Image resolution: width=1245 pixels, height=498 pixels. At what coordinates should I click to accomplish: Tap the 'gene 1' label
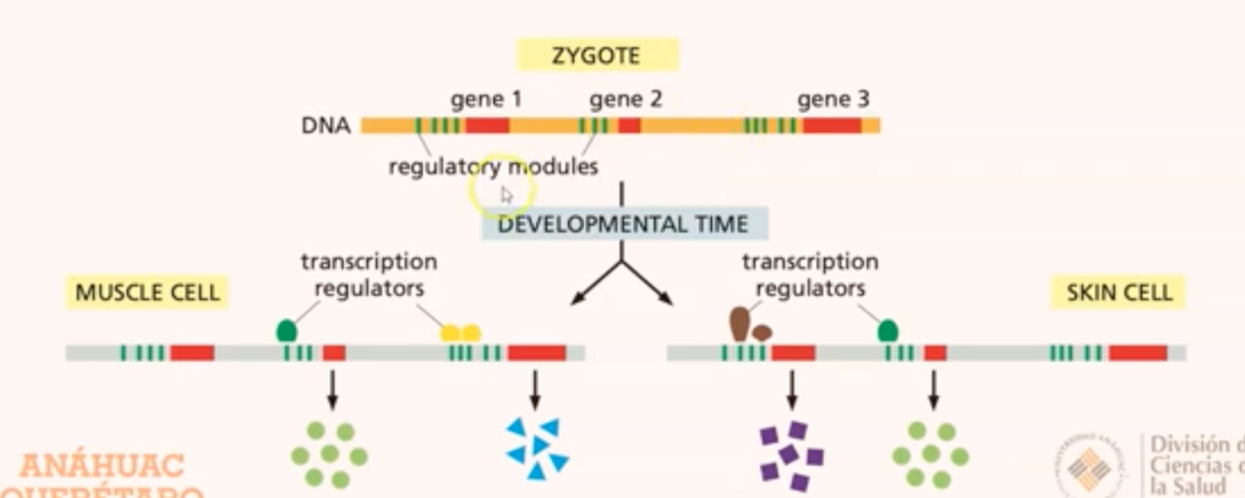(x=486, y=99)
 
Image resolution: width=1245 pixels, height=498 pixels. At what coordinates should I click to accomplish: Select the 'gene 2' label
(x=625, y=99)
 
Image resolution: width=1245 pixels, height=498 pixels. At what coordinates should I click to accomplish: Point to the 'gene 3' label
(x=833, y=99)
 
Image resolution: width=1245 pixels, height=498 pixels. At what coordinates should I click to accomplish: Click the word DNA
(x=326, y=125)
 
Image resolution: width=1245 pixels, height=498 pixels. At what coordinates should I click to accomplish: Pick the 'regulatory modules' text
(x=493, y=167)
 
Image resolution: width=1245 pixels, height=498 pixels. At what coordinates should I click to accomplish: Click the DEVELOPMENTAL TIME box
(x=623, y=224)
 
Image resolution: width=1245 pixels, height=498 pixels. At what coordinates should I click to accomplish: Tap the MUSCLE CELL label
(x=147, y=292)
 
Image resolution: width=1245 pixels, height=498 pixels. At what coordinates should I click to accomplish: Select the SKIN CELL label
(x=1119, y=292)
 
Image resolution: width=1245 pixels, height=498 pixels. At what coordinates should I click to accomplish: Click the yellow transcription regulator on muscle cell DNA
(x=461, y=333)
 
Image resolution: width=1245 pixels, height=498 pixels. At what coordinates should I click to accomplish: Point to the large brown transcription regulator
(x=739, y=324)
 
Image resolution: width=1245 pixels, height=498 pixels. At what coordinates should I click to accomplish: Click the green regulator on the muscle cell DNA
(x=287, y=331)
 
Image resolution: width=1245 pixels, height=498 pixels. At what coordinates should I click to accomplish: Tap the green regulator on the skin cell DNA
(x=888, y=330)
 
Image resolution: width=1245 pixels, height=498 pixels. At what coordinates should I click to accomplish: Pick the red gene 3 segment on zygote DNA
(x=832, y=125)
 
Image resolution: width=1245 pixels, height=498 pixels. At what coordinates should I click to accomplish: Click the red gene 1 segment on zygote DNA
(x=487, y=125)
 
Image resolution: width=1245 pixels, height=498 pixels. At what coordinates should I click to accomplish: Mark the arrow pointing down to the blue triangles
(x=535, y=390)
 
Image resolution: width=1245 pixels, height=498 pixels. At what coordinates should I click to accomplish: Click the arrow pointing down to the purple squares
(x=791, y=390)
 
